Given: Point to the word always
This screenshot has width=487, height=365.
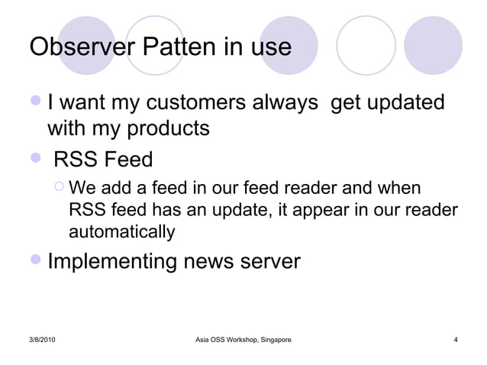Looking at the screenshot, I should [284, 102].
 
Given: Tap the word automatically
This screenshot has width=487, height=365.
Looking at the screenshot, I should [121, 231].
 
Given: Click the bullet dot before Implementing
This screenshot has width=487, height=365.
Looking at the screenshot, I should [35, 262].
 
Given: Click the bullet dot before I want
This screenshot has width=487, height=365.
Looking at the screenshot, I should [35, 102].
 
